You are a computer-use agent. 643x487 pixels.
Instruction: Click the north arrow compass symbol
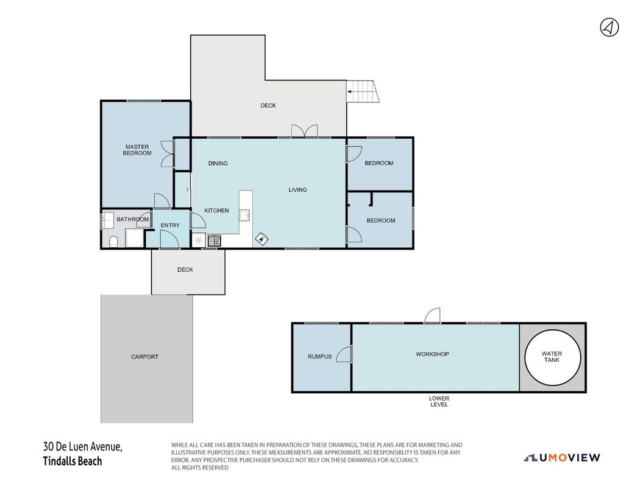(x=609, y=27)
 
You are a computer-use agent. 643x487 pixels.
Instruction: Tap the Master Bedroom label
(x=137, y=150)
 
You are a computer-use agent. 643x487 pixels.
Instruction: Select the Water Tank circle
(x=552, y=357)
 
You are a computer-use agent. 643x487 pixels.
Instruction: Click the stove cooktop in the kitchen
(x=214, y=240)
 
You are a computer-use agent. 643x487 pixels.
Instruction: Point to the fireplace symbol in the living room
(x=261, y=239)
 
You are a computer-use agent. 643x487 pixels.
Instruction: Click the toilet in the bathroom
(x=113, y=242)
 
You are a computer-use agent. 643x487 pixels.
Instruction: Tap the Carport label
(x=144, y=357)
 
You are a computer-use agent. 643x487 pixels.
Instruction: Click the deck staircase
(x=363, y=91)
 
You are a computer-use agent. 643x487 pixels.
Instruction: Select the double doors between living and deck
(x=304, y=131)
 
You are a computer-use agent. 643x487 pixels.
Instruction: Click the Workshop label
(x=432, y=354)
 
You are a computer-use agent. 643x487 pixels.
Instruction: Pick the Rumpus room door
(x=344, y=354)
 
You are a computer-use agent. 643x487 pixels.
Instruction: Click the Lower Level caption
(x=439, y=401)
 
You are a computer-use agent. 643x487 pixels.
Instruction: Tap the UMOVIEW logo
(x=562, y=458)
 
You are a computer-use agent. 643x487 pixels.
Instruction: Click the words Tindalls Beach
(x=72, y=461)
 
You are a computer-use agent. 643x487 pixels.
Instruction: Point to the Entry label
(x=170, y=225)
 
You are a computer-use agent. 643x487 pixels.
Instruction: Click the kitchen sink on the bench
(x=245, y=215)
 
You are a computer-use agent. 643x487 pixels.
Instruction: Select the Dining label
(x=218, y=163)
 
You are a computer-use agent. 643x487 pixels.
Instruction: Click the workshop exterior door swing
(x=432, y=316)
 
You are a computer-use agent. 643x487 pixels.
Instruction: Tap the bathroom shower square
(x=134, y=238)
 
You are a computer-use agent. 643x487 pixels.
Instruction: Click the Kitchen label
(x=216, y=211)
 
